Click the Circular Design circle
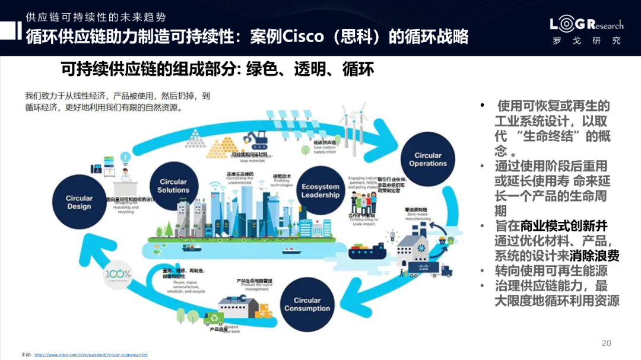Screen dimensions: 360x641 [x=79, y=202]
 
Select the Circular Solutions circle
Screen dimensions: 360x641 [x=173, y=186]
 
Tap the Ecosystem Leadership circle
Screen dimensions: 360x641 [x=320, y=191]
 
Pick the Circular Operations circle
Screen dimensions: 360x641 [x=427, y=160]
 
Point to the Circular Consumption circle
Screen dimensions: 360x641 [x=307, y=304]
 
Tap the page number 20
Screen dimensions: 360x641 [x=606, y=343]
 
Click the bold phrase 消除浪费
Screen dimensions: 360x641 [x=594, y=256]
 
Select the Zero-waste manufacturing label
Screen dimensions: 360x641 [x=418, y=214]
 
